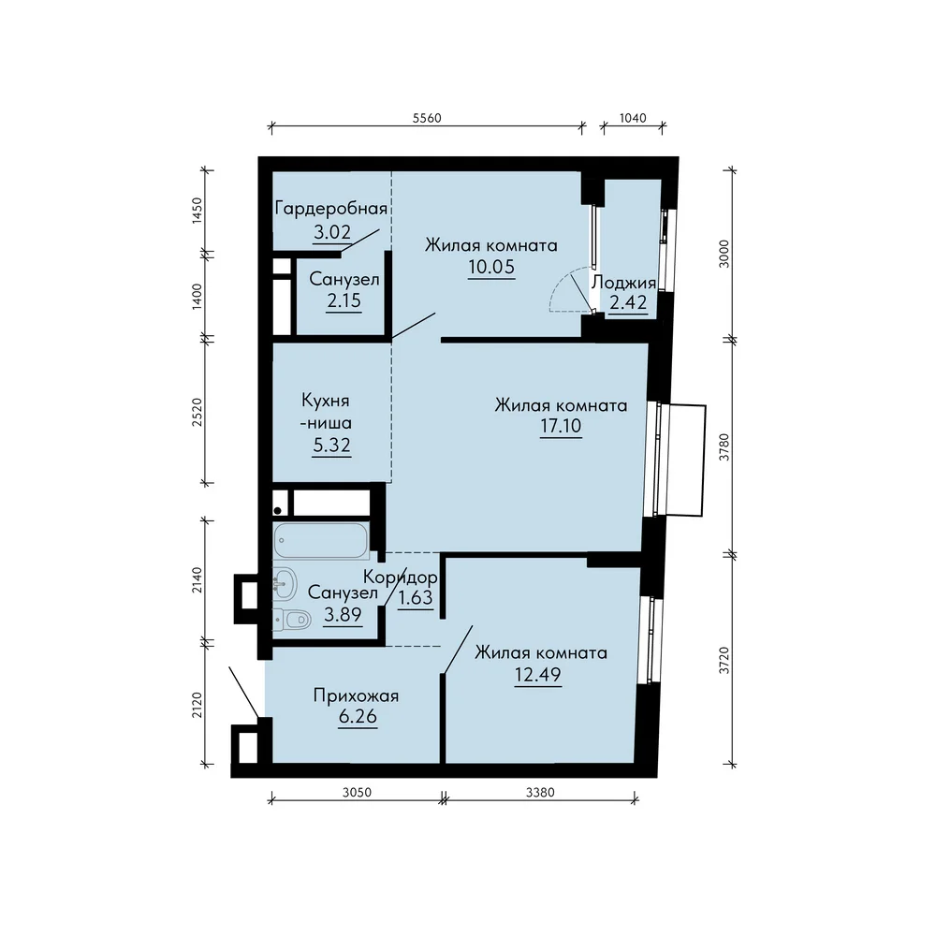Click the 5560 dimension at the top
tap(427, 118)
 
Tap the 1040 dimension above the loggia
tap(633, 118)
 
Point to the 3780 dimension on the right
tap(724, 447)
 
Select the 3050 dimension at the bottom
tap(357, 792)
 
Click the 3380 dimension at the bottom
tap(540, 792)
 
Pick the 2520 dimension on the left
tap(197, 412)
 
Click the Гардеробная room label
tap(331, 209)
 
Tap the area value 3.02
tap(332, 231)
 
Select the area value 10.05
tap(491, 267)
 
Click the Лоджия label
tap(623, 282)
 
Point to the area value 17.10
tap(561, 426)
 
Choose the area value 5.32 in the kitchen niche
tap(332, 446)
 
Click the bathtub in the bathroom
tap(321, 541)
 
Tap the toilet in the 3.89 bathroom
tap(292, 620)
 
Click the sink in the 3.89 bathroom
tap(285, 583)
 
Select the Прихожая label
tap(356, 696)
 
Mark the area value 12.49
tap(538, 675)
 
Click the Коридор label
tap(400, 578)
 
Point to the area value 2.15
tap(344, 300)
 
